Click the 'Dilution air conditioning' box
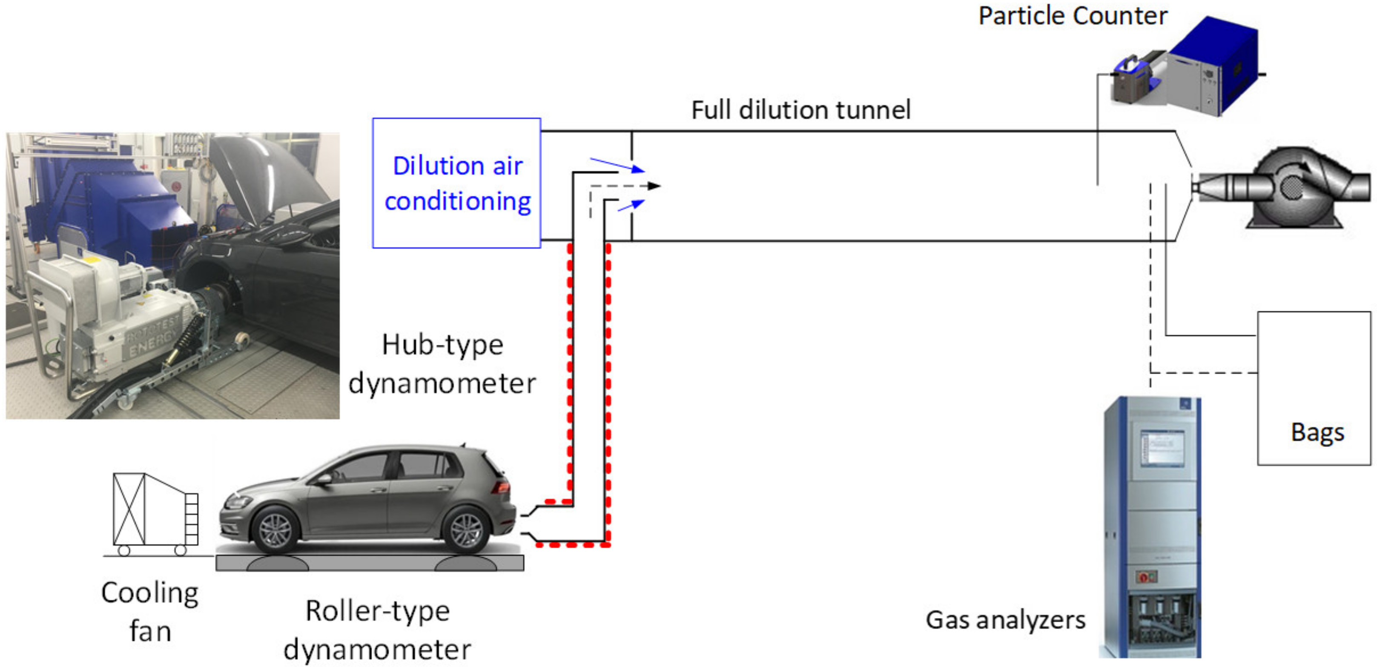[456, 183]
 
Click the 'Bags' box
[1314, 389]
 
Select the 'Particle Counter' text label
[1072, 16]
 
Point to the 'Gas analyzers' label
[1005, 620]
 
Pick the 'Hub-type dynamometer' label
[442, 364]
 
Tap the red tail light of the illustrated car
[503, 487]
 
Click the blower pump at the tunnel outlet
[1294, 187]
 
